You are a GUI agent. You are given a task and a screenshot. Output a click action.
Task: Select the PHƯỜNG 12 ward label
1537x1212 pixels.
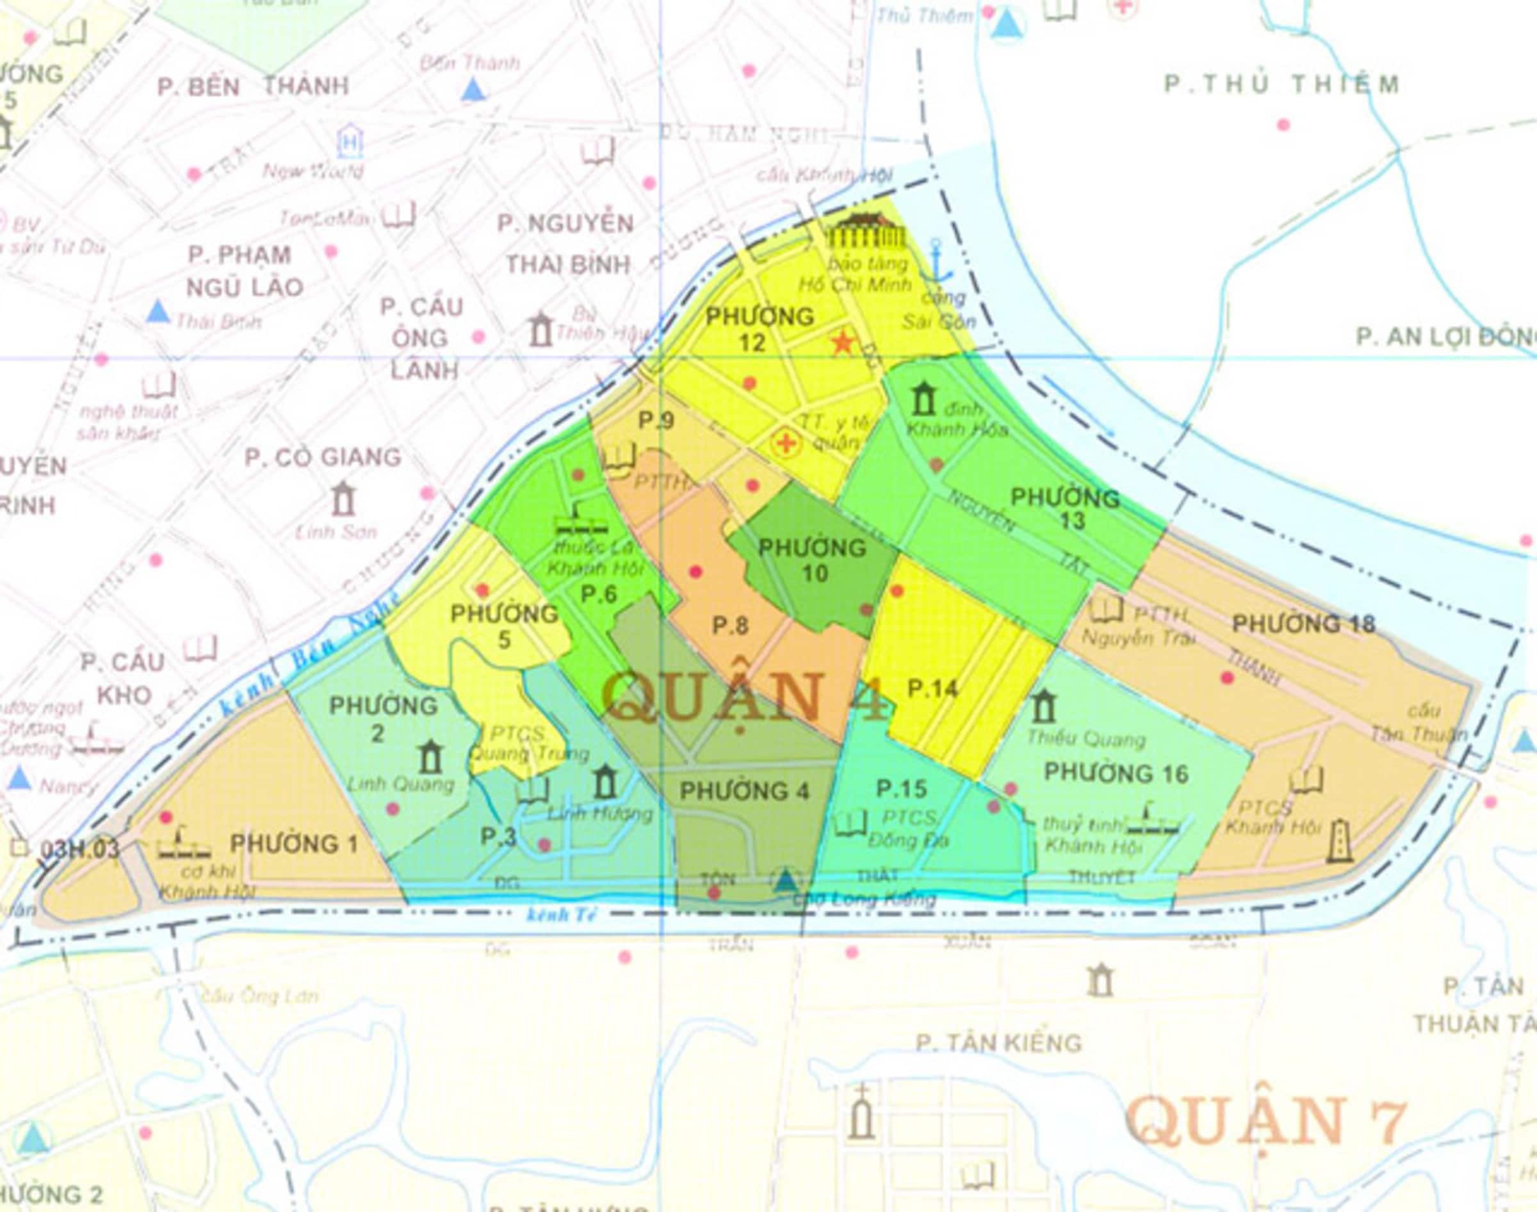coord(760,329)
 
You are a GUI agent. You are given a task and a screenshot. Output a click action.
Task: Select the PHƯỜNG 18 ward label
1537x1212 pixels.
coord(1303,624)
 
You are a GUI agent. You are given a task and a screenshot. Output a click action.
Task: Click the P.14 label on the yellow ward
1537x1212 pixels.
coord(932,688)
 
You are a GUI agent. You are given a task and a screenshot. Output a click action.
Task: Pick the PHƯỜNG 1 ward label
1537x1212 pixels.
coord(294,844)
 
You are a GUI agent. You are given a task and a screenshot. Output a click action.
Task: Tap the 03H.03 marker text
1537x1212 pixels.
coord(79,850)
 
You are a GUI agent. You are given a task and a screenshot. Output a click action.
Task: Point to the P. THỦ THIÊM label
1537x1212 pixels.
coord(1281,85)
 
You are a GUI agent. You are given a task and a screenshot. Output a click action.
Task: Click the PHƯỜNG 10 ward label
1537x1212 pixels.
coord(813,560)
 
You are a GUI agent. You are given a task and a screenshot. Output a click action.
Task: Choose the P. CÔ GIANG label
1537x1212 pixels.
coord(323,457)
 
